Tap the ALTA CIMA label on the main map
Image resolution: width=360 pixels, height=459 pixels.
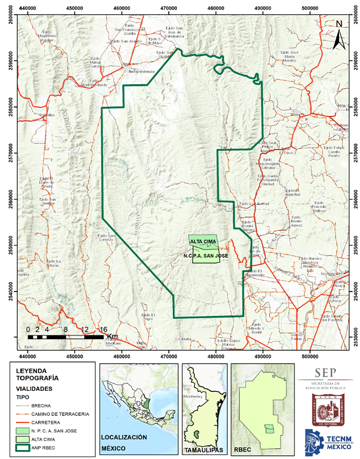coord(202,242)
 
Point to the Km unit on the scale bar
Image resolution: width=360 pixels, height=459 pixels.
coord(112,336)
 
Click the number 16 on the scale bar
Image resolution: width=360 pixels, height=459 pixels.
coord(103,329)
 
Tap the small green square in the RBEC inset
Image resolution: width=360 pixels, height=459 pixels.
coord(269,429)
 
